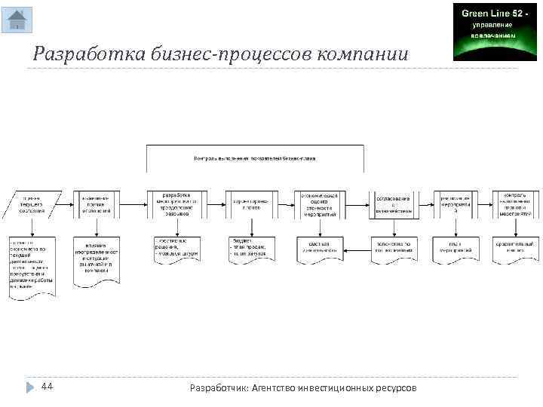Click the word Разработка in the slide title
(75, 55)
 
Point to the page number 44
(47, 387)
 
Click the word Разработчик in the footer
(218, 387)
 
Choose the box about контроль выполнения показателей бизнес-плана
(255, 158)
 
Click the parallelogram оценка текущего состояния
(30, 204)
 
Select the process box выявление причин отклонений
(96, 204)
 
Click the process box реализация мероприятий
(456, 204)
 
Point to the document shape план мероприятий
(456, 249)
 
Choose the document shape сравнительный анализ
(516, 249)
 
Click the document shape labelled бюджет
(251, 249)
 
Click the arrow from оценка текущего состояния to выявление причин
(63, 204)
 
